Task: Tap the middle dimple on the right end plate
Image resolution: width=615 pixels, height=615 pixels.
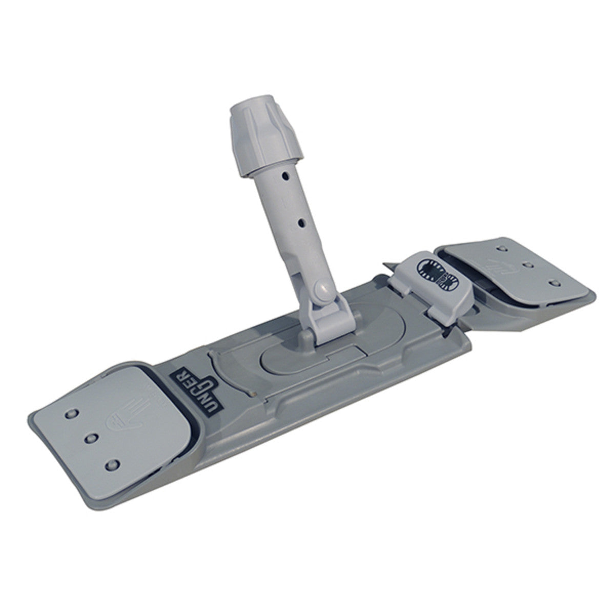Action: point(528,265)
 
